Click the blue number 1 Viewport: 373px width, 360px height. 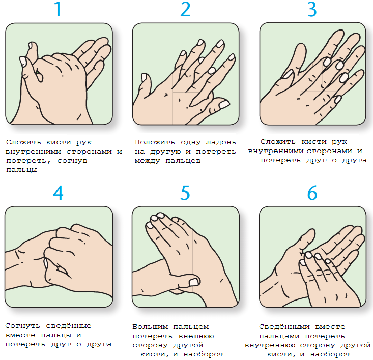(x=59, y=9)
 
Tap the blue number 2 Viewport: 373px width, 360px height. (x=185, y=9)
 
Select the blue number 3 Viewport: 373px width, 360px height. (x=312, y=9)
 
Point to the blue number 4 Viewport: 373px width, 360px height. (x=59, y=193)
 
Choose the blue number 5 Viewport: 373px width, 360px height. (x=185, y=193)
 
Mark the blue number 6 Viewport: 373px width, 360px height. (x=312, y=193)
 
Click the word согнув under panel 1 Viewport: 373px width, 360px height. (x=72, y=161)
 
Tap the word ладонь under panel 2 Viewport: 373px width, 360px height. (x=221, y=142)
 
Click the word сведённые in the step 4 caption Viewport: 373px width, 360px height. (x=69, y=325)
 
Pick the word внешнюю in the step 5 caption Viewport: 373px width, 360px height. (x=196, y=336)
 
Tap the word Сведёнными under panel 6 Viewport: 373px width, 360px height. (x=284, y=327)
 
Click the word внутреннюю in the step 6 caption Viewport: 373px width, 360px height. (x=270, y=345)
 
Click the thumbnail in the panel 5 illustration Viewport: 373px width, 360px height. (x=194, y=282)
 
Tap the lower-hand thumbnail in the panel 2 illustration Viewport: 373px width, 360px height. (x=145, y=77)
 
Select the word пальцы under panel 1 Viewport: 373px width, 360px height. (x=21, y=170)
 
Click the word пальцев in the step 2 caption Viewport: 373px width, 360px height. (x=183, y=161)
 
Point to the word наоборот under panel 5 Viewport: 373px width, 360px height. (x=204, y=354)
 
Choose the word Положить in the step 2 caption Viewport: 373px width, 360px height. (x=155, y=142)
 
